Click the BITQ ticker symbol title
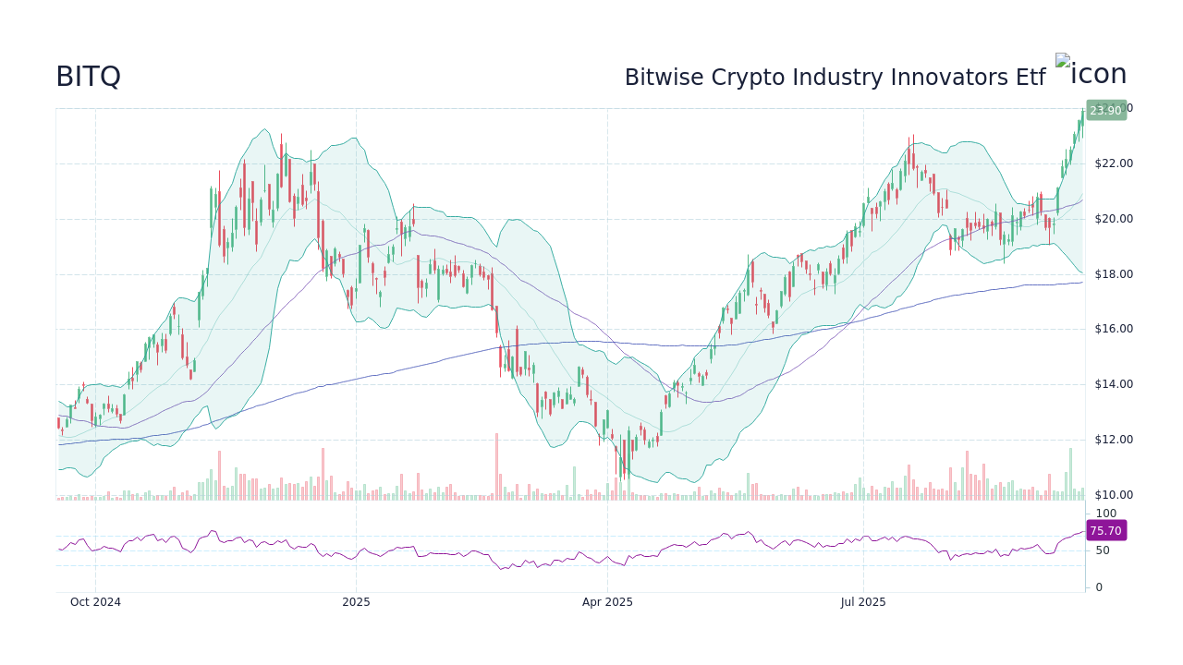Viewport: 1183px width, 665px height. [x=88, y=77]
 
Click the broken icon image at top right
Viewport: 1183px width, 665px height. [x=1091, y=73]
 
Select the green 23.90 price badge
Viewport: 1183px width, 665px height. [x=1105, y=111]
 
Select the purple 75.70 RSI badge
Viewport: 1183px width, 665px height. [x=1105, y=531]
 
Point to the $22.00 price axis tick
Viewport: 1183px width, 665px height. [x=1113, y=163]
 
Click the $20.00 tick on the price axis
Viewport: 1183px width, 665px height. [x=1113, y=219]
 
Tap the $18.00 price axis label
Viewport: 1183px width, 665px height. [x=1113, y=274]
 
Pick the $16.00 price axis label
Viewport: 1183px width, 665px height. [x=1113, y=329]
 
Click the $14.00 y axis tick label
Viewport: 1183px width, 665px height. [x=1113, y=384]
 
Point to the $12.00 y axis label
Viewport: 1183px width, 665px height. [x=1113, y=440]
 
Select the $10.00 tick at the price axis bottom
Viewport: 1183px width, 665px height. [x=1113, y=495]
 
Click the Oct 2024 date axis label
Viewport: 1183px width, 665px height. [x=95, y=602]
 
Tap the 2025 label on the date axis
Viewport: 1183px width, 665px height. [x=356, y=602]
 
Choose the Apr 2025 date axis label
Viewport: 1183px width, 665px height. [x=607, y=602]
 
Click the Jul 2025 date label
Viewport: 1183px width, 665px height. [x=863, y=602]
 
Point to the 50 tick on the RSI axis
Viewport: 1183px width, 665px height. [x=1103, y=550]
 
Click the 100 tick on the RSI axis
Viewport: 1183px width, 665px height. [x=1105, y=514]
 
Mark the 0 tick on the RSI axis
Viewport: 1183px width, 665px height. [x=1099, y=587]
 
